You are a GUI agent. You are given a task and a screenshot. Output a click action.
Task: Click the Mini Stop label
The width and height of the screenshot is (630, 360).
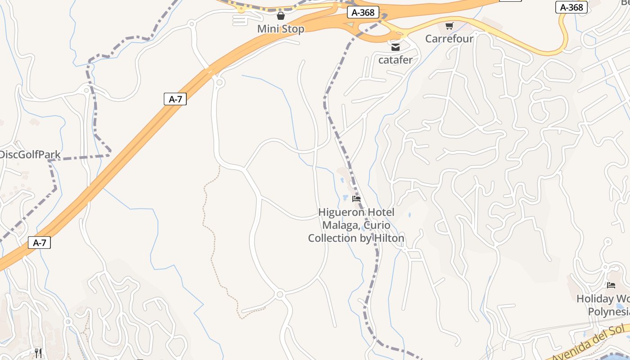281,29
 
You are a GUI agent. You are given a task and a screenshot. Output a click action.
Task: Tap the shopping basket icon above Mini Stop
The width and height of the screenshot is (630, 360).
281,16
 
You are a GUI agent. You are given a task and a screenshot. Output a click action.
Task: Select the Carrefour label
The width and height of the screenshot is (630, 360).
449,39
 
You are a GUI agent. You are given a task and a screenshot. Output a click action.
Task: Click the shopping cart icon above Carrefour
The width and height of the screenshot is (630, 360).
449,26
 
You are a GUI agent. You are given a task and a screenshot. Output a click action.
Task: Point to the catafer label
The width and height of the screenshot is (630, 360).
396,59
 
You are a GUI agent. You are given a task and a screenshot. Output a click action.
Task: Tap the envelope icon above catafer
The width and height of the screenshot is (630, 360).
396,47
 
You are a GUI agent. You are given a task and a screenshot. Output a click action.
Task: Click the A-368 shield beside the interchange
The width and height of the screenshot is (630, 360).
363,13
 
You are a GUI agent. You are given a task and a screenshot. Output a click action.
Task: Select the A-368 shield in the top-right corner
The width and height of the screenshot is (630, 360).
571,7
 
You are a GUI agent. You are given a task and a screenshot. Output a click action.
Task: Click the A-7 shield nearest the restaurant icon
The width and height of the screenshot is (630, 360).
40,243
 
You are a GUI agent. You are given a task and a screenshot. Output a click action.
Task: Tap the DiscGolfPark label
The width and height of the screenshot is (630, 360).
30,155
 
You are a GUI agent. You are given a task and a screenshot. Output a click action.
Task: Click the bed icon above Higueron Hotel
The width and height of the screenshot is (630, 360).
356,199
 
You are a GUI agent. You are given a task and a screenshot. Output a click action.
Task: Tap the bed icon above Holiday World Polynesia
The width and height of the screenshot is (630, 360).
611,285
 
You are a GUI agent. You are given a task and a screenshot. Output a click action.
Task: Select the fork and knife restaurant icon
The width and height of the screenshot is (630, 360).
38,353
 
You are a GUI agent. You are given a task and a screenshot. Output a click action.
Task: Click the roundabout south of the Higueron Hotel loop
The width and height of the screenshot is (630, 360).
280,295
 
